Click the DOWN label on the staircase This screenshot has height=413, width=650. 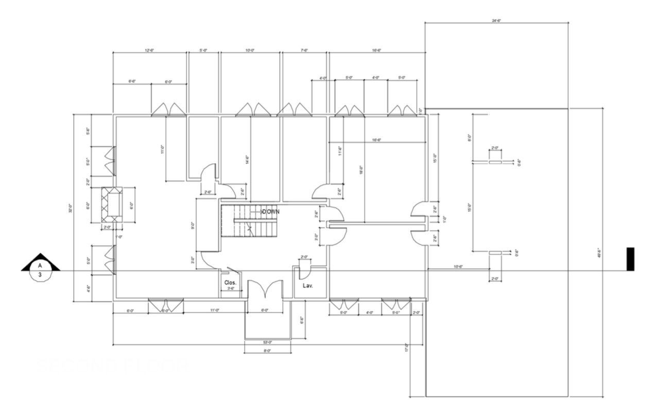[270, 212]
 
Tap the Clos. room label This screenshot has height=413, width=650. [230, 283]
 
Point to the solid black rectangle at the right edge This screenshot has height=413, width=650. [630, 259]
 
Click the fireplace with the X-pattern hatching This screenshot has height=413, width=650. [113, 205]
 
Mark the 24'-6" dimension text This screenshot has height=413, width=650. [497, 21]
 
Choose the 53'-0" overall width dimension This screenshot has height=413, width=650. [267, 342]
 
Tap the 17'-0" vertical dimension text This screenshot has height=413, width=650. [406, 348]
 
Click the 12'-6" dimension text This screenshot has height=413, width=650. [150, 50]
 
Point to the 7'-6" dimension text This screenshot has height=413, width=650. [304, 50]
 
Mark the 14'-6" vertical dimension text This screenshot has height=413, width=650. [248, 160]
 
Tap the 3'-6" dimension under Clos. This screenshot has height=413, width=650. [231, 289]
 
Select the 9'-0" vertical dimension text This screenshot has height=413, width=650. [193, 226]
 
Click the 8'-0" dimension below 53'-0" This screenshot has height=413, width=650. [267, 351]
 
